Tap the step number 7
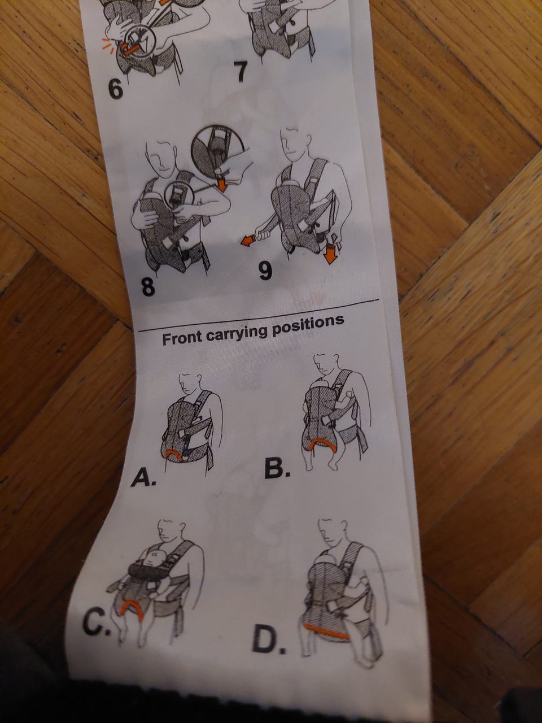point(242,72)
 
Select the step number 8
point(148,286)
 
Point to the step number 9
point(265,270)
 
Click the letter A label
point(143,477)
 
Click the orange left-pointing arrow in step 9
point(249,241)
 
